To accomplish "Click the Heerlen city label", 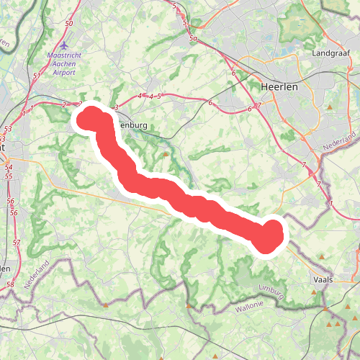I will [x=279, y=86].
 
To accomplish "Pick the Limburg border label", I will [x=273, y=292].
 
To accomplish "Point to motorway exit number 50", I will [x=68, y=24].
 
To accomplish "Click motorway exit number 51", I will [x=36, y=75].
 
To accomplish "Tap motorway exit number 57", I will [x=17, y=243].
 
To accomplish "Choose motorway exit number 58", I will [x=10, y=285].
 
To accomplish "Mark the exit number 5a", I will [x=193, y=38].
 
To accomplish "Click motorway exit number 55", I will [x=8, y=176].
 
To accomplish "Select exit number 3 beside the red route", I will [x=116, y=107].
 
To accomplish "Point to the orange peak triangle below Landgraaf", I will [x=330, y=107].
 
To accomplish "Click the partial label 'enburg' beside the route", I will [x=132, y=125].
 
